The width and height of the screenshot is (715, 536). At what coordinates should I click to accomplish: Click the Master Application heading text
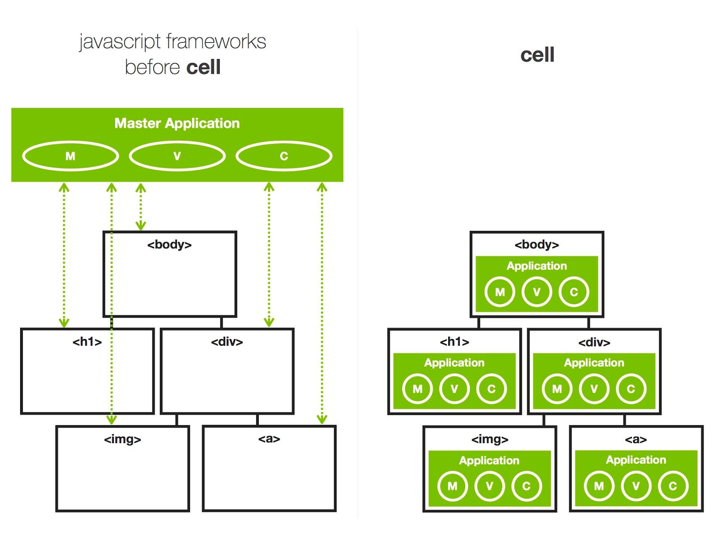[177, 123]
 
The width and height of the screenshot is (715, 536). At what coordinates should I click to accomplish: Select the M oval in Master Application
[70, 156]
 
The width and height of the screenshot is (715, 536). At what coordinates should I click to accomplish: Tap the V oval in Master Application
[177, 156]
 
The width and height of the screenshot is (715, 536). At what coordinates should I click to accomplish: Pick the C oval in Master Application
[284, 156]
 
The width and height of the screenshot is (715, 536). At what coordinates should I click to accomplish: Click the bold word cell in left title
[203, 67]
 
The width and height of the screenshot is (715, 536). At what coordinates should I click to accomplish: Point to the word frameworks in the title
[216, 42]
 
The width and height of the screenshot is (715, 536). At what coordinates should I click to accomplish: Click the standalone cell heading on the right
[537, 55]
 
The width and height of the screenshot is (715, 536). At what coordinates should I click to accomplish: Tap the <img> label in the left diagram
[122, 439]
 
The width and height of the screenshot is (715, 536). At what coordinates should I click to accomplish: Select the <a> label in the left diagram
[269, 439]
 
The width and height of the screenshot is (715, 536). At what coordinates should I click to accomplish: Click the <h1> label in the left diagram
[87, 342]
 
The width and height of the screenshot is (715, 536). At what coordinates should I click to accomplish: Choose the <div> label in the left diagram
[227, 342]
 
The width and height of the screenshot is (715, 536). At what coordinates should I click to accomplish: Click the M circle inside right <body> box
[500, 292]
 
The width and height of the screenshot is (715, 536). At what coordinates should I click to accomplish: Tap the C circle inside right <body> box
[574, 292]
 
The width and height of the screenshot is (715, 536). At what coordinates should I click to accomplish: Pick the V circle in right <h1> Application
[454, 389]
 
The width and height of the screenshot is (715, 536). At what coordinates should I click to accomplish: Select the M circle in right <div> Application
[557, 389]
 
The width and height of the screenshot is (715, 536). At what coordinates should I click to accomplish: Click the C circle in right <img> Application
[526, 486]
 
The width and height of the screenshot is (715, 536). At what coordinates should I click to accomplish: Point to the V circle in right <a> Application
[636, 486]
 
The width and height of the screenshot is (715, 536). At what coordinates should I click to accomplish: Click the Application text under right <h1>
[454, 363]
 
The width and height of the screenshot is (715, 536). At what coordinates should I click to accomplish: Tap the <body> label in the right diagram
[537, 244]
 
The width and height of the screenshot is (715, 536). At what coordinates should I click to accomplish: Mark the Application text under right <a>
[636, 460]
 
